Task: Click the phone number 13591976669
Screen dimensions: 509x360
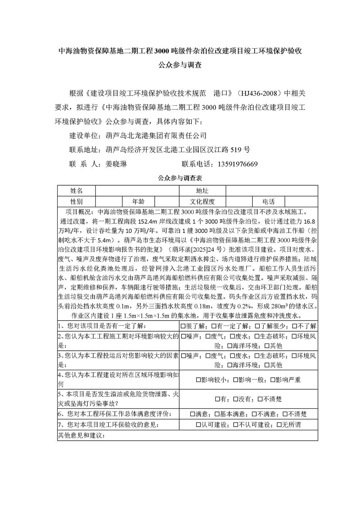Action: coord(238,164)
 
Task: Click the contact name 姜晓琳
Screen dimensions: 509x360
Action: coord(116,164)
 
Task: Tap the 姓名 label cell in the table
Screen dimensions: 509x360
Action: coord(76,191)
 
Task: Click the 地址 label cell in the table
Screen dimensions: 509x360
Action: coord(202,191)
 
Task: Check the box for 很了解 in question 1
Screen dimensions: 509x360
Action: coord(184,326)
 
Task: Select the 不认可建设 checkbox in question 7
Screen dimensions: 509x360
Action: coord(236,425)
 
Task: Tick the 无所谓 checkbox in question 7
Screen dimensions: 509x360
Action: coord(279,425)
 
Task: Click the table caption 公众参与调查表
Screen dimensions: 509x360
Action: coord(180,178)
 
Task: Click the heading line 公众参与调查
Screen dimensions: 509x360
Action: coord(180,65)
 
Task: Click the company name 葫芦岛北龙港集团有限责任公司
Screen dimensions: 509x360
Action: coord(156,136)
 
